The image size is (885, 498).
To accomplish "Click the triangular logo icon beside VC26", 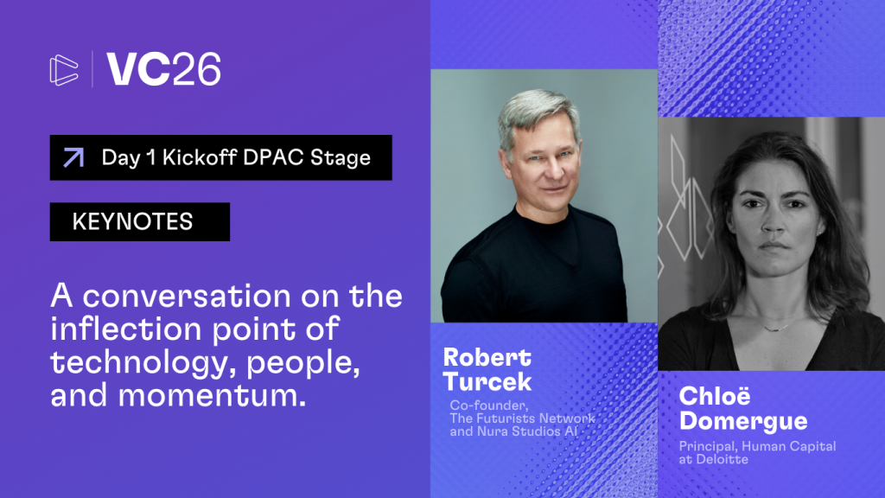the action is pyautogui.click(x=64, y=70).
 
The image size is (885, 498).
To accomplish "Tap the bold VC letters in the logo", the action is pyautogui.click(x=138, y=69).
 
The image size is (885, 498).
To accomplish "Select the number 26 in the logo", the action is pyautogui.click(x=196, y=69).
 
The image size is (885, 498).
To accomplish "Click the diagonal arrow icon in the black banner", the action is pyautogui.click(x=73, y=157).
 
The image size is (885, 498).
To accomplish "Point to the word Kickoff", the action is pyautogui.click(x=200, y=157).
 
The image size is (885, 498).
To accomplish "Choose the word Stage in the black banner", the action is pyautogui.click(x=341, y=158).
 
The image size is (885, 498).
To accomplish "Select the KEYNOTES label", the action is pyautogui.click(x=132, y=222).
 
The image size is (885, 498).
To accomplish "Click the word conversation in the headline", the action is pyautogui.click(x=188, y=296).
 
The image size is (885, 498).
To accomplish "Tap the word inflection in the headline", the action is pyautogui.click(x=126, y=329).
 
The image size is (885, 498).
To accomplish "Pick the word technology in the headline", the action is pyautogui.click(x=143, y=363).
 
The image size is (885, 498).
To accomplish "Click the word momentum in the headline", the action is pyautogui.click(x=213, y=395).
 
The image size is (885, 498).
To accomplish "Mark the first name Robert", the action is pyautogui.click(x=487, y=357).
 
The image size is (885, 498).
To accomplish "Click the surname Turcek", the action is pyautogui.click(x=487, y=381).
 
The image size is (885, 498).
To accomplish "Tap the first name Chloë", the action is pyautogui.click(x=715, y=396).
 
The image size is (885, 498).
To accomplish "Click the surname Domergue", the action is pyautogui.click(x=743, y=421).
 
